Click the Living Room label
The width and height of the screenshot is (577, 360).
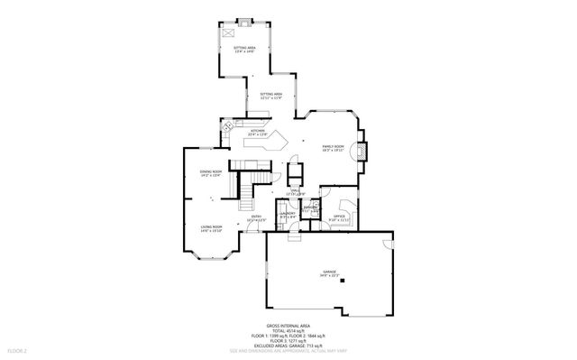point(211,228)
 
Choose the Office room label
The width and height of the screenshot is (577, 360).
point(340,217)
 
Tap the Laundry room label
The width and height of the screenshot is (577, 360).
point(288,215)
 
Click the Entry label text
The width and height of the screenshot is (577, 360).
point(257,217)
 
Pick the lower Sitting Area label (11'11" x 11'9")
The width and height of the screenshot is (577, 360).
point(271,96)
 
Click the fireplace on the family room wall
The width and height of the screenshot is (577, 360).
point(362,151)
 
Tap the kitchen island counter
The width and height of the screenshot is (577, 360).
point(267,143)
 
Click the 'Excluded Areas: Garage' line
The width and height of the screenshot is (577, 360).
point(288,345)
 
